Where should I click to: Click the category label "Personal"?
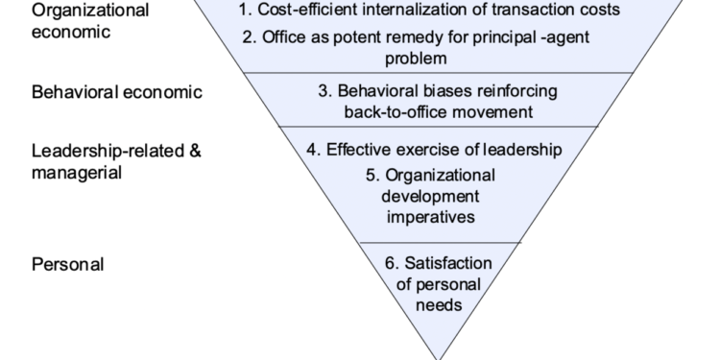pos(67,264)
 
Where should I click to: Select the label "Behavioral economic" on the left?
pos(116,93)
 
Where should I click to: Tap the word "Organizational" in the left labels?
pos(90,11)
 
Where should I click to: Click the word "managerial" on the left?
pos(74,173)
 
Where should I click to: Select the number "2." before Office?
pos(250,37)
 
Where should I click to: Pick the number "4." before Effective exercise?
pos(313,150)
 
